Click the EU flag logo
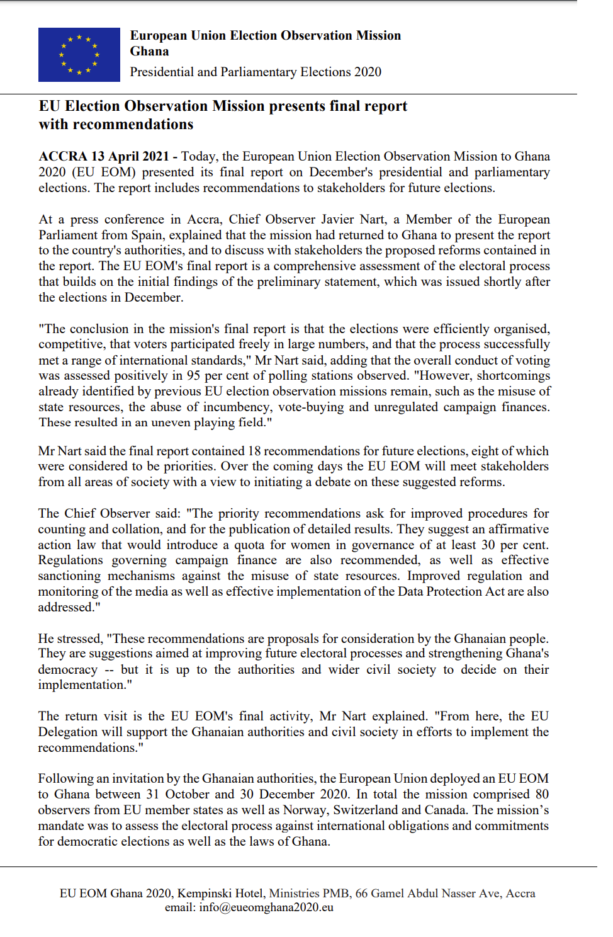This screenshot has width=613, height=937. click(79, 55)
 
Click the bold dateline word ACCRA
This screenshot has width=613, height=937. click(63, 156)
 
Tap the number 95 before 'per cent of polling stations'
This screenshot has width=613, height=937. click(193, 376)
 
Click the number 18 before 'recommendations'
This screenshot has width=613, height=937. click(254, 451)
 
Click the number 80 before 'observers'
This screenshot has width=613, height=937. click(542, 794)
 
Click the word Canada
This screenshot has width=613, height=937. click(446, 810)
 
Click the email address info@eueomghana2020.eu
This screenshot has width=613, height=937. click(266, 907)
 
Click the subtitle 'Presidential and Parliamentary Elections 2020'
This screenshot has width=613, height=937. click(256, 72)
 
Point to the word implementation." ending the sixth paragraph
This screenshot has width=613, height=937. click(85, 684)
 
